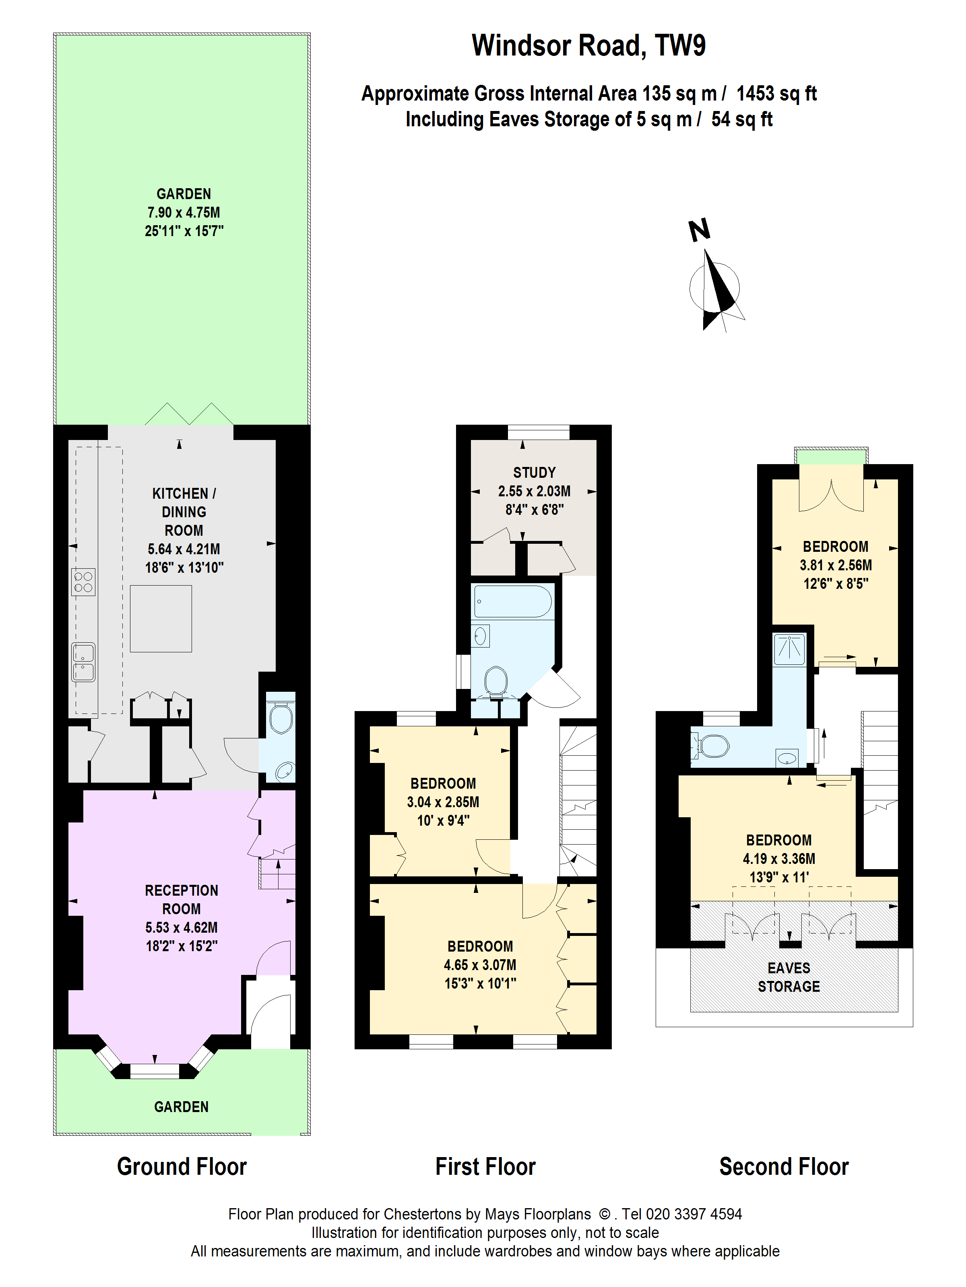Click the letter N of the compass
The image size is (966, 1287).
(x=699, y=230)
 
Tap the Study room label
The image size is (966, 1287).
(x=534, y=473)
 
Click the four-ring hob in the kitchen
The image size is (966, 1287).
(x=83, y=582)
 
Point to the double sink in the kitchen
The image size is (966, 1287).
(x=83, y=662)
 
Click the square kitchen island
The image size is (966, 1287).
(x=161, y=619)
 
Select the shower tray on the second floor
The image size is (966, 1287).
(x=789, y=649)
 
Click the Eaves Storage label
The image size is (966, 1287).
(x=788, y=977)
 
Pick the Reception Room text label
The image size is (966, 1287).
(x=182, y=900)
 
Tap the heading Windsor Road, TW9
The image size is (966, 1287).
(x=588, y=45)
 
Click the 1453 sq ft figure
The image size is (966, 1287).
(x=776, y=93)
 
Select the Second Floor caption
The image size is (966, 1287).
(x=784, y=1167)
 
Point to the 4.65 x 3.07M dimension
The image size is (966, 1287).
(x=480, y=965)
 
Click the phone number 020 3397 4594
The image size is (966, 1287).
(x=694, y=1214)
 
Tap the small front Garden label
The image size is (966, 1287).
(x=181, y=1107)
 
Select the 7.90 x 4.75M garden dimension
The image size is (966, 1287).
(x=184, y=212)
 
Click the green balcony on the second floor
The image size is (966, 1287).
(x=831, y=457)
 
